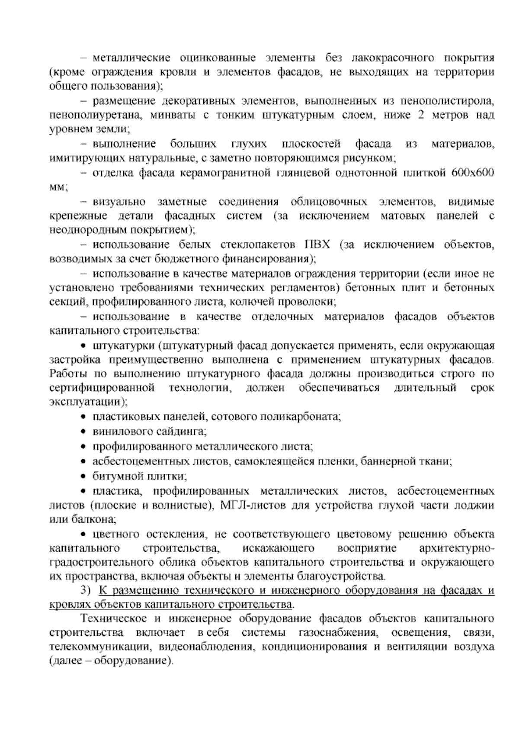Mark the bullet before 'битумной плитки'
tap(84, 476)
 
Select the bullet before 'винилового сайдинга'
tap(84, 432)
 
